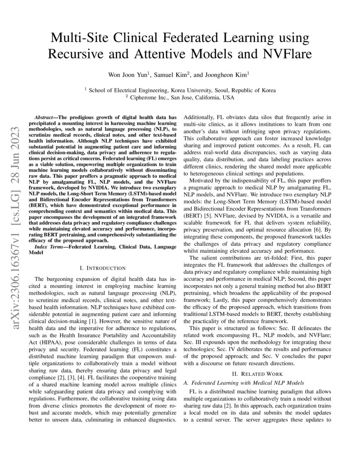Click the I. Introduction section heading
pyautogui.click(x=102, y=268)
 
